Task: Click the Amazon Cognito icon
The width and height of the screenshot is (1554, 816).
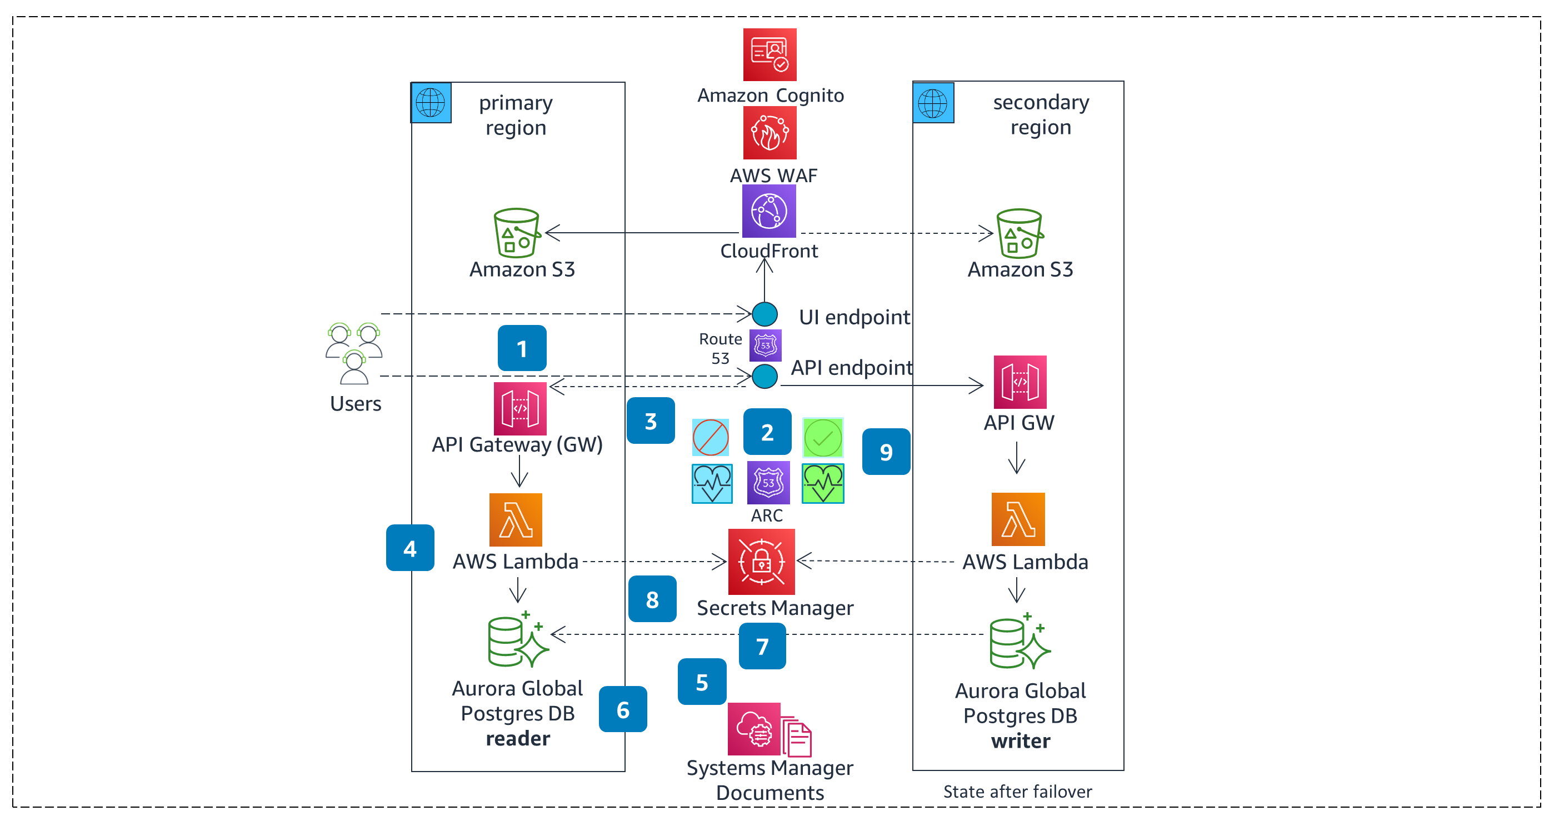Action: tap(769, 54)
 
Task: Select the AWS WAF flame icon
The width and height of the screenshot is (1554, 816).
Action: tap(769, 133)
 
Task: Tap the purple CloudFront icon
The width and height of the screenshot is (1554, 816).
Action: tap(768, 211)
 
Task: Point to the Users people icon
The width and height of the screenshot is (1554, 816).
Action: tap(354, 353)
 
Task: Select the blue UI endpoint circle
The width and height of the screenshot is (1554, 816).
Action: tap(764, 314)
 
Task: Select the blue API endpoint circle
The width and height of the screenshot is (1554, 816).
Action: tap(764, 376)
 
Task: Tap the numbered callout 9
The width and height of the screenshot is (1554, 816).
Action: tap(886, 452)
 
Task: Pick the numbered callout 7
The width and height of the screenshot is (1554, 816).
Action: tap(762, 646)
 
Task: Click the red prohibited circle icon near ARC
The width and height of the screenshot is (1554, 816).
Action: tap(710, 437)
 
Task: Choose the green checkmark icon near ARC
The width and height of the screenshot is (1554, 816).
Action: tap(823, 437)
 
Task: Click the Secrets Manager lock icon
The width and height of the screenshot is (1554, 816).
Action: tap(761, 562)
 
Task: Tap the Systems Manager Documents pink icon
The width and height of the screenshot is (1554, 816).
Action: tap(754, 729)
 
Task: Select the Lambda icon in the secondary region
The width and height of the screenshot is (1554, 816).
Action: tap(1018, 519)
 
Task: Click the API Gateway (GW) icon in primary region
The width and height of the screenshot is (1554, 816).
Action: tap(520, 408)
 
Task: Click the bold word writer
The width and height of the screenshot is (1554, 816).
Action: tap(1020, 740)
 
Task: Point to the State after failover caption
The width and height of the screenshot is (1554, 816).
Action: tap(1017, 791)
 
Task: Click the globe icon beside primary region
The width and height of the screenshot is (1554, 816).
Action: tap(431, 103)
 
